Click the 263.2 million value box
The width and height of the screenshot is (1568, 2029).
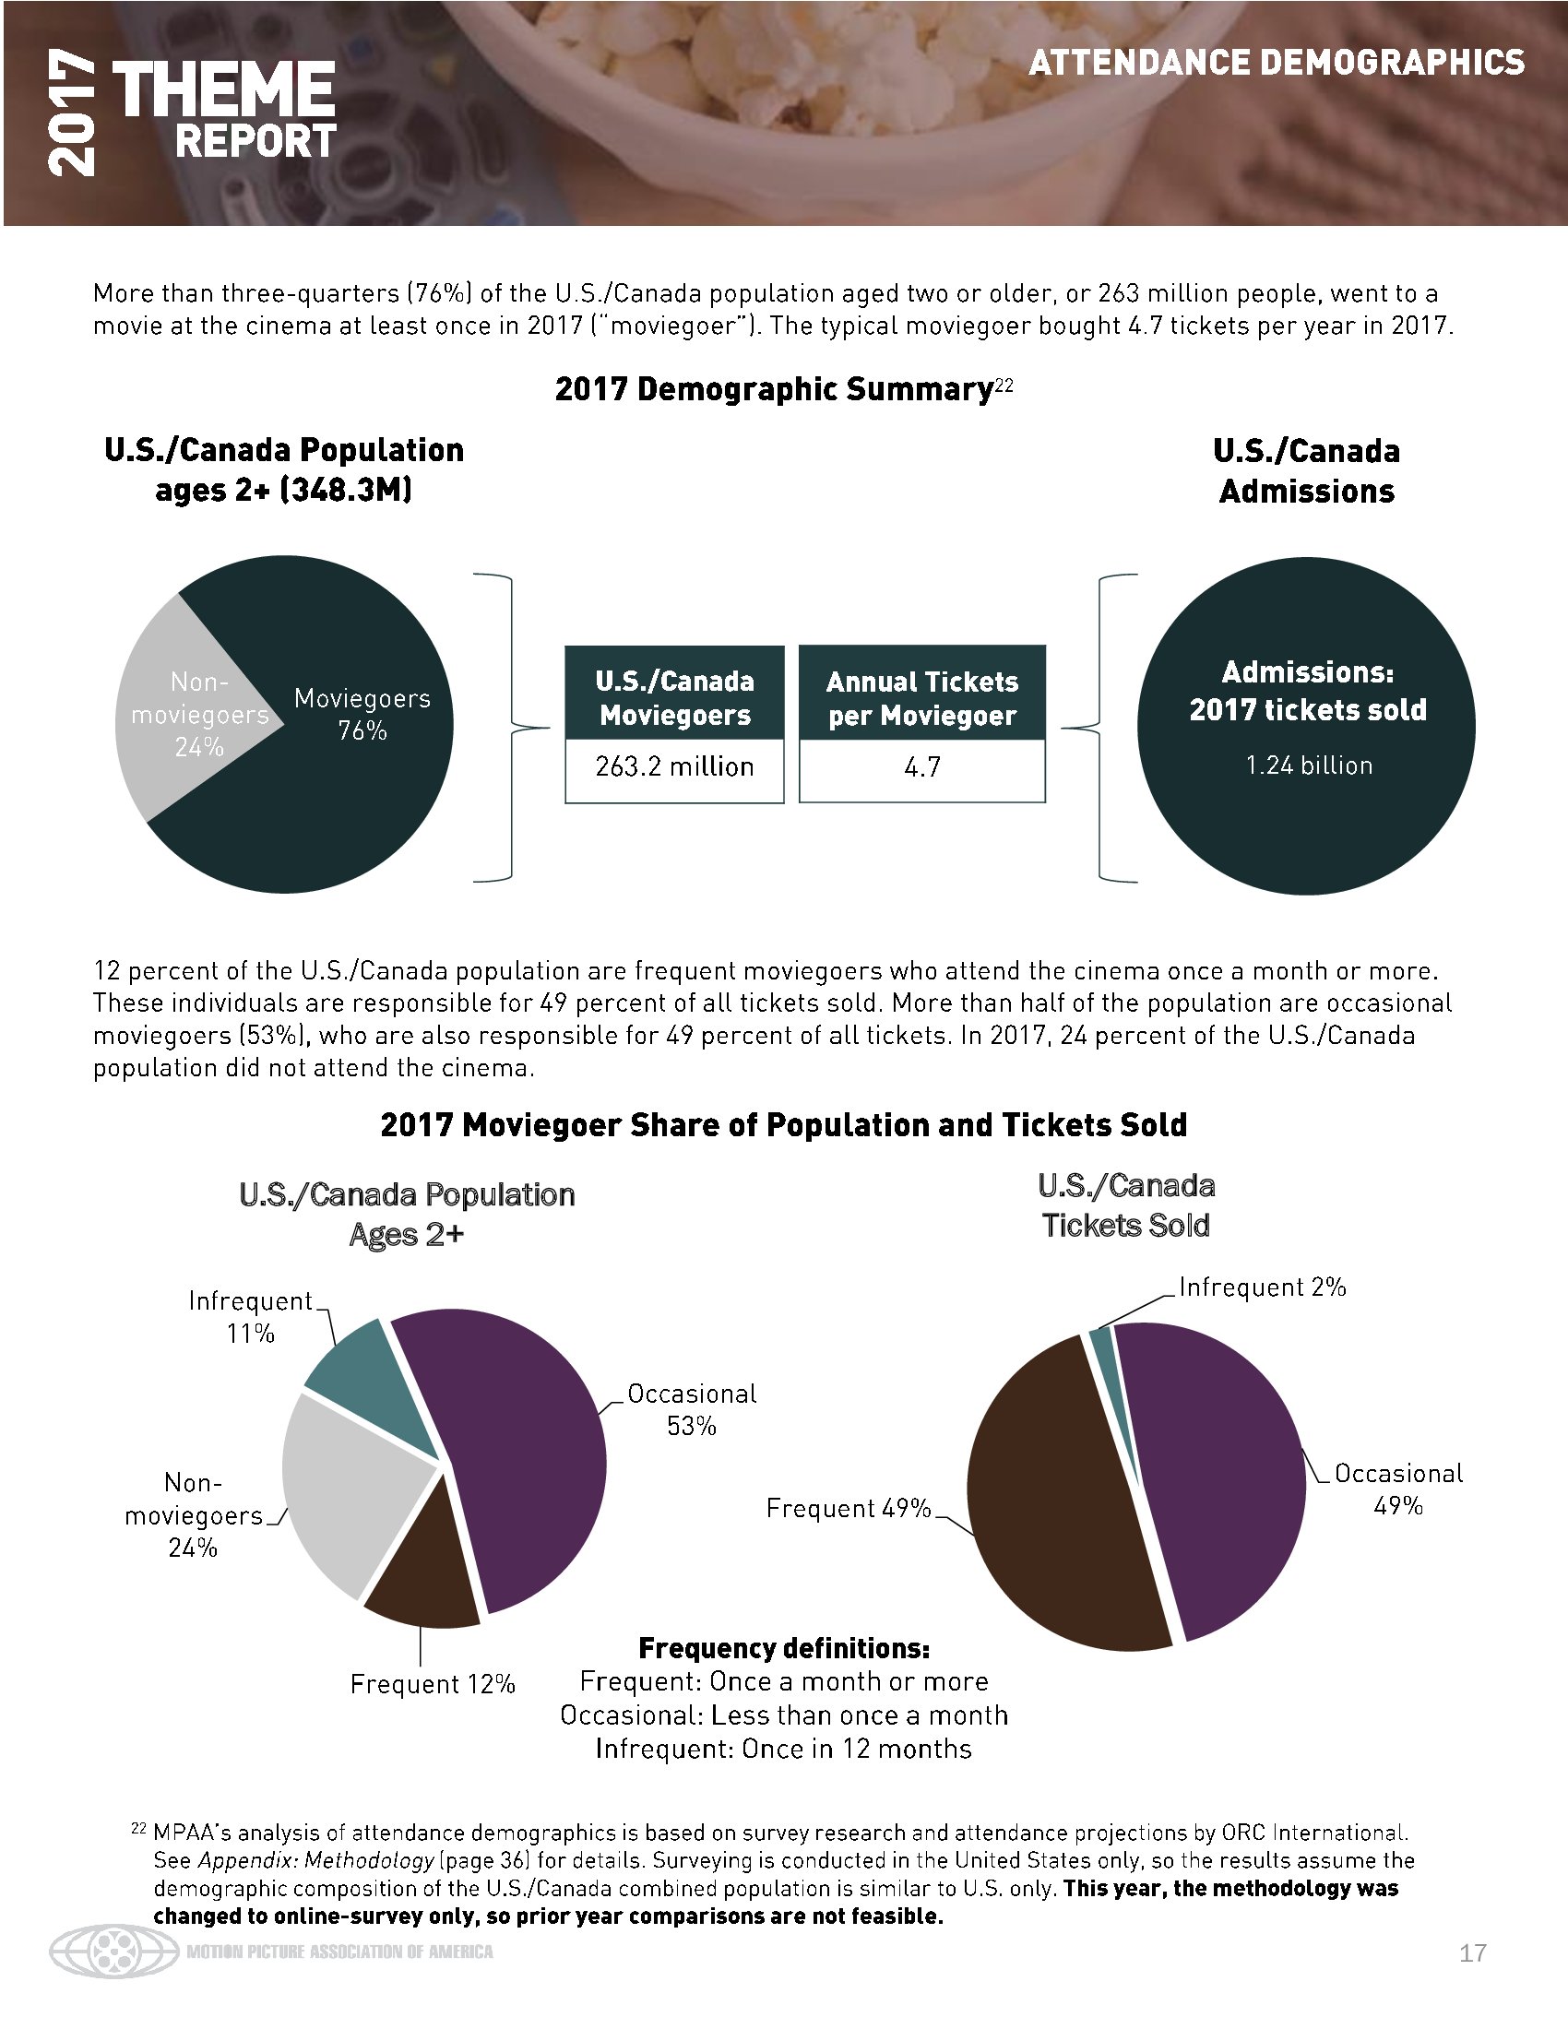pos(674,767)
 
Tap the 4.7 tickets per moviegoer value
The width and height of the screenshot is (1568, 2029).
pos(921,767)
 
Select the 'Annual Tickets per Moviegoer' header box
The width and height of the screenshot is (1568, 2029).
pos(921,698)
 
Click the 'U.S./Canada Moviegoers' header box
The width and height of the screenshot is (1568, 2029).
pos(674,698)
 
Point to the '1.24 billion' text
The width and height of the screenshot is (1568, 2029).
pos(1308,765)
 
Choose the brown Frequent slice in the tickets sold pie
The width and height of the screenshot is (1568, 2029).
pos(1059,1505)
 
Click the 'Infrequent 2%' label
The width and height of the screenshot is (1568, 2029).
pos(1263,1287)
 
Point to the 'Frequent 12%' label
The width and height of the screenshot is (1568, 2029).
pos(432,1684)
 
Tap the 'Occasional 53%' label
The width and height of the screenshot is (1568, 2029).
pos(692,1409)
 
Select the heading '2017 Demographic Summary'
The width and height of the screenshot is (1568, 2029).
pos(774,389)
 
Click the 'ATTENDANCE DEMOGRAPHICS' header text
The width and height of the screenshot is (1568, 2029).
pos(1277,62)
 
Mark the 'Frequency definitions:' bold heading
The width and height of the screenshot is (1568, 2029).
pos(784,1648)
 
